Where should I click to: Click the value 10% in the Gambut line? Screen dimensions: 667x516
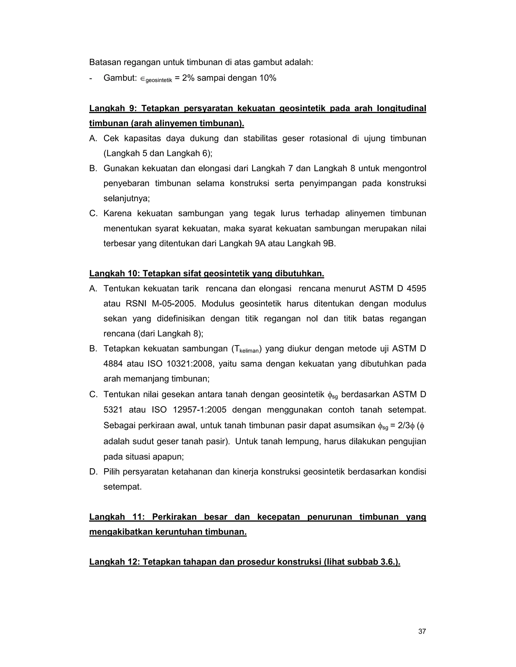pyautogui.click(x=268, y=78)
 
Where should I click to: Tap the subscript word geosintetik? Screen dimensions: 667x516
pyautogui.click(x=159, y=81)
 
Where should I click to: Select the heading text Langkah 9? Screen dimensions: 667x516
pyautogui.click(x=112, y=108)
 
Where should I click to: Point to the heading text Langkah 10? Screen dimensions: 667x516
pyautogui.click(x=114, y=273)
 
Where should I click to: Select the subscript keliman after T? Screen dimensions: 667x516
pyautogui.click(x=249, y=351)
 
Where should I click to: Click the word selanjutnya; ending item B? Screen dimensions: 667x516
pyautogui.click(x=126, y=199)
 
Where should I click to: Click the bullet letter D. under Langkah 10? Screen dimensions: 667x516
pyautogui.click(x=93, y=471)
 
